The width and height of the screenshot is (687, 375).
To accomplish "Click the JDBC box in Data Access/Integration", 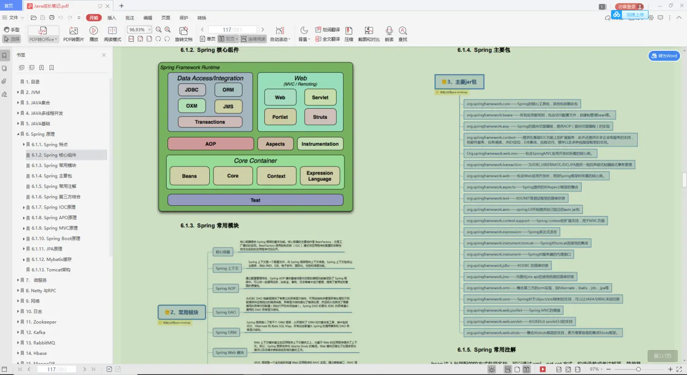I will (191, 90).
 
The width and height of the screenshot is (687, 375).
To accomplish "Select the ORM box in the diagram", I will (228, 90).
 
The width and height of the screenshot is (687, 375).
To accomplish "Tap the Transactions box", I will (210, 122).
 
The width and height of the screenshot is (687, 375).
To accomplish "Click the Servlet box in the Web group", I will (320, 97).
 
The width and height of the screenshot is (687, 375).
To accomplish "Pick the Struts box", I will (320, 117).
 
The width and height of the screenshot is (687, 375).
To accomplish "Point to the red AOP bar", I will (210, 144).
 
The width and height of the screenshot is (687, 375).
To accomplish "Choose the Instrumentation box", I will (320, 144).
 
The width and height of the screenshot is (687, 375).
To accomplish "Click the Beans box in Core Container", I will (189, 176).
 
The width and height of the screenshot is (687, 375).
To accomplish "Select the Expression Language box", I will (320, 176).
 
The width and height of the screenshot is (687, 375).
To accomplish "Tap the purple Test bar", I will (255, 200).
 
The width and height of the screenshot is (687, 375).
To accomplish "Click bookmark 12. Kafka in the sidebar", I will (36, 332).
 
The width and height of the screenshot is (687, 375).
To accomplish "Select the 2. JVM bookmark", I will (33, 92).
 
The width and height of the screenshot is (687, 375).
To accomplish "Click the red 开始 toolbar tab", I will (94, 18).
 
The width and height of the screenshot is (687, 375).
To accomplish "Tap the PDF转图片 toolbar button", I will (73, 34).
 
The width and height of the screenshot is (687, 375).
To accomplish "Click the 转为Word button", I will (664, 56).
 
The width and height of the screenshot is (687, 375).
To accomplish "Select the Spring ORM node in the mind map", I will (226, 332).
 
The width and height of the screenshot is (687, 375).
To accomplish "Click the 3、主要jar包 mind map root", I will (459, 82).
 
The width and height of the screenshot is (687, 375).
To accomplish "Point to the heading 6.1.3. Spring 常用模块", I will (210, 226).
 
